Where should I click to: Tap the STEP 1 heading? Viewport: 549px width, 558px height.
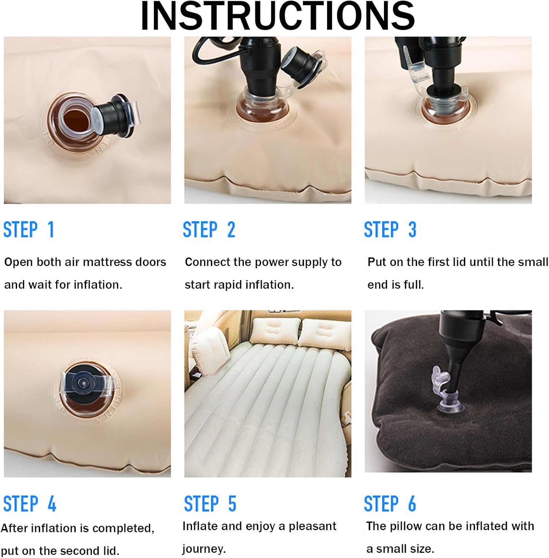29,229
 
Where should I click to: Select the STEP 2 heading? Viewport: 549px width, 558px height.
209,229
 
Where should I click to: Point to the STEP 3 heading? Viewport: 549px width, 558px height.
390,229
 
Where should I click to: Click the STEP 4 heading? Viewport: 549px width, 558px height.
30,504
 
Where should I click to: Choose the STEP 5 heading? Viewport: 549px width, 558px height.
210,504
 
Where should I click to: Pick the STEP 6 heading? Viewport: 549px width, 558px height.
390,504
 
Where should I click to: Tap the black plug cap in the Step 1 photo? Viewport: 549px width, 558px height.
115,114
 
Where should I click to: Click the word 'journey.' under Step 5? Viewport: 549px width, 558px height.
203,549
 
